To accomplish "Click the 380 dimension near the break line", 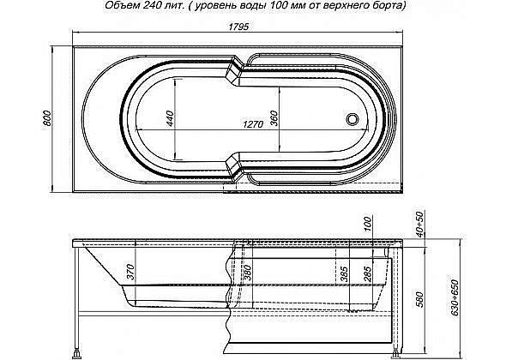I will coord(247,273).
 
